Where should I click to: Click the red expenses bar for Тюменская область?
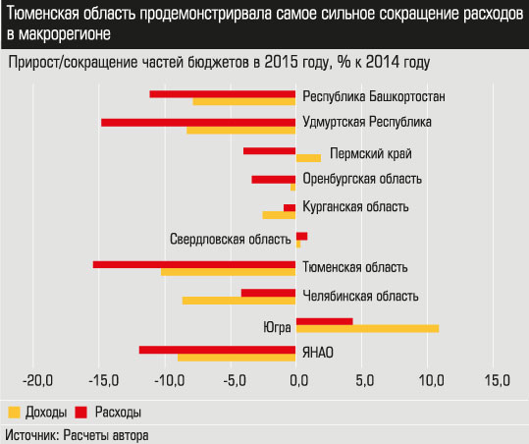tap(194, 264)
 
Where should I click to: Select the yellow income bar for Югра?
tap(367, 328)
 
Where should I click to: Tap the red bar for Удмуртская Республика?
tap(198, 122)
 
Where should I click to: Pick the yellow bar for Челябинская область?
tap(238, 300)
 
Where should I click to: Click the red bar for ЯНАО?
tap(217, 350)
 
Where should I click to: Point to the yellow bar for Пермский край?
tap(308, 158)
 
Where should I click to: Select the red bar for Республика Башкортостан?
tap(222, 93)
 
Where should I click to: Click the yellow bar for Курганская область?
tap(279, 214)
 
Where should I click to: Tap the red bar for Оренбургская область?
tap(274, 179)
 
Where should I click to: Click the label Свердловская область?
tap(229, 239)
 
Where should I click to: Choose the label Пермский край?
tap(370, 153)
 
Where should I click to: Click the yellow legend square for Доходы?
tap(14, 411)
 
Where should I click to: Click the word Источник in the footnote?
tap(32, 433)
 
